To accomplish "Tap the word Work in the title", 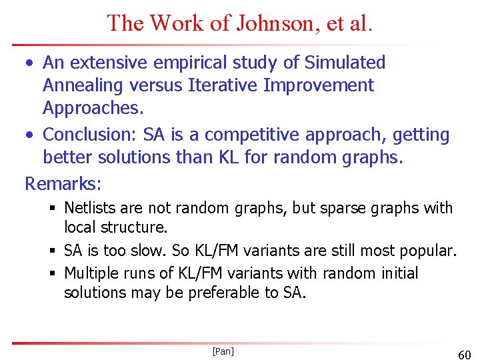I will pos(178,23).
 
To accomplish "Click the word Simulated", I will pos(345,63).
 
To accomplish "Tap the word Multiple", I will pos(91,273).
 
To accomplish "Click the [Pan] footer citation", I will pos(223,351).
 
